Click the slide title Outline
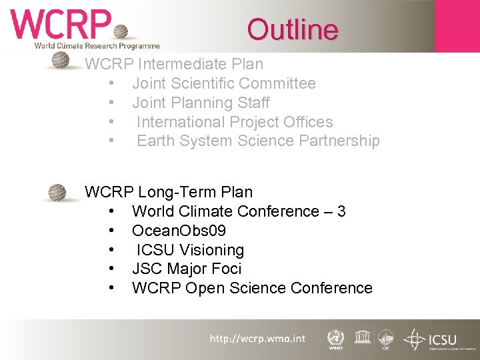pos(293,29)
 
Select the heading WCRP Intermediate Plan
pos(174,65)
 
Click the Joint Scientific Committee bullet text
pos(223,83)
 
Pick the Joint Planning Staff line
pos(201,103)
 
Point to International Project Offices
pos(235,122)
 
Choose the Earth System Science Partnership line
pos(258,141)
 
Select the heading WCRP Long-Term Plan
pos(169,192)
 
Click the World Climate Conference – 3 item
pos(239,211)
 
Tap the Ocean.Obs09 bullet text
pos(179,231)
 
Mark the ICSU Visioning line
pos(191,250)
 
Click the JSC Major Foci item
pos(187,269)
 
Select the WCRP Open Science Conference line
pos(252,288)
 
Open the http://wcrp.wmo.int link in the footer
pos(257,339)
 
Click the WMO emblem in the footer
pos(336,339)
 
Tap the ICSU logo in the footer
pos(433,339)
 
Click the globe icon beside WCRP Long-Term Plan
pos(59,193)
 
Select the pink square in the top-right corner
pos(457,25)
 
